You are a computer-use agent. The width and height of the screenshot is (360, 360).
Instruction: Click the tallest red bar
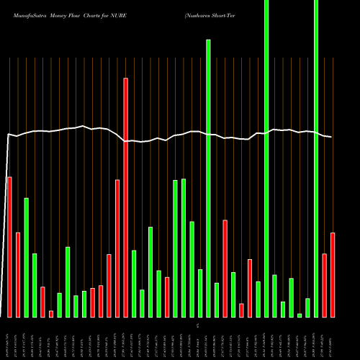(125, 197)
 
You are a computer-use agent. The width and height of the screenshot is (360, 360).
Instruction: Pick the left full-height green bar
(266, 158)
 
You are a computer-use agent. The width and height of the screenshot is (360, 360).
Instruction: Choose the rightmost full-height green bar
(316, 158)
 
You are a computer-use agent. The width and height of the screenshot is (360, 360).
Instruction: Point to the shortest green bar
(300, 315)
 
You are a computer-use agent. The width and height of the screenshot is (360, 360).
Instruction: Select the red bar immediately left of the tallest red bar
(117, 248)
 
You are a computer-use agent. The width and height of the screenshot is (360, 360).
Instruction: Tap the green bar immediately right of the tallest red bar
(134, 284)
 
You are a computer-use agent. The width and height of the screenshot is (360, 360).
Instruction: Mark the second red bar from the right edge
(325, 285)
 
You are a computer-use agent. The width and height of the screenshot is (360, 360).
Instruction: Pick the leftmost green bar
(26, 258)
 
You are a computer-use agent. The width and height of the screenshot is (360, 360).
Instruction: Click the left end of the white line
(8, 135)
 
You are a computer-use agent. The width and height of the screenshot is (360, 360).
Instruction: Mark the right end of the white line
(332, 137)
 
